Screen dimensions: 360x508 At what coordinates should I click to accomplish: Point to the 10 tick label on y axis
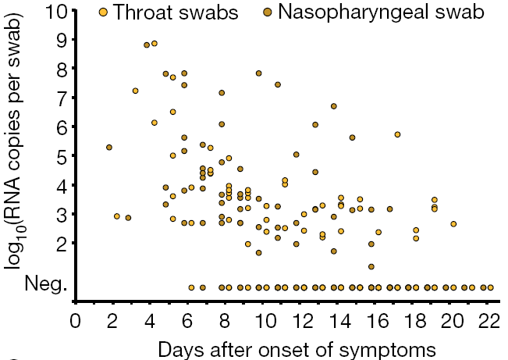[x=57, y=11]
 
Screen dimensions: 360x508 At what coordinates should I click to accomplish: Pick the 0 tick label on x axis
[x=75, y=321]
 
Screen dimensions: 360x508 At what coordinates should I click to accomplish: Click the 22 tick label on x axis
[x=489, y=321]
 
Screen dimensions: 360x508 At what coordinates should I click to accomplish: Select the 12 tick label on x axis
[x=300, y=321]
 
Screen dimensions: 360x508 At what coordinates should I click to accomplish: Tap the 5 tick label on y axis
[x=62, y=155]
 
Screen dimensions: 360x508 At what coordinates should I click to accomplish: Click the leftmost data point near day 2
[x=109, y=147]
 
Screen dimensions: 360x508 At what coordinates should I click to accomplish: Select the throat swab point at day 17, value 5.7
[x=397, y=134]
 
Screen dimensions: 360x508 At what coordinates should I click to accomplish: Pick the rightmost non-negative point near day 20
[x=453, y=223]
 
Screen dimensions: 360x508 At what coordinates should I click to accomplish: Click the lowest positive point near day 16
[x=371, y=266]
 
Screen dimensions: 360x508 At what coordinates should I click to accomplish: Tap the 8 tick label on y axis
[x=62, y=69]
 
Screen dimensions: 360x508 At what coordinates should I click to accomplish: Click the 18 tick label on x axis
[x=414, y=321]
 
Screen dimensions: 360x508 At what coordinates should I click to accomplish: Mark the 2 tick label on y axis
[x=62, y=243]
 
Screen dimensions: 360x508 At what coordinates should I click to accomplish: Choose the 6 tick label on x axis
[x=188, y=321]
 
